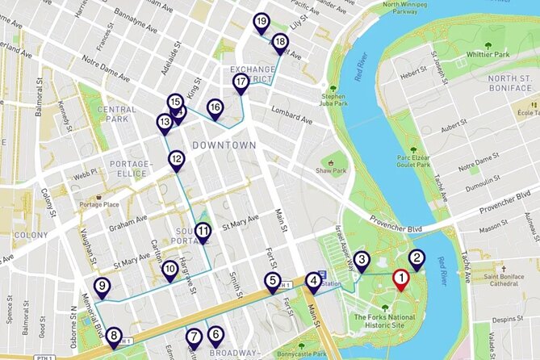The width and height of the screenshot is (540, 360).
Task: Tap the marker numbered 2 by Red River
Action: point(417,259)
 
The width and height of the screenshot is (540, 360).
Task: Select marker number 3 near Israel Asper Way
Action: point(362,259)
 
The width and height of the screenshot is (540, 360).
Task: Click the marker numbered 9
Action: point(102,286)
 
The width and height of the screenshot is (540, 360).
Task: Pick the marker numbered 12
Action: point(177,159)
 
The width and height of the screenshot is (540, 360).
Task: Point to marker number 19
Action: point(261,21)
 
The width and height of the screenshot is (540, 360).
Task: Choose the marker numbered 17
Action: point(241,82)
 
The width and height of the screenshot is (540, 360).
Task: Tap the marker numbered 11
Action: point(203,231)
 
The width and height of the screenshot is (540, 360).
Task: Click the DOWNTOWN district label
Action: point(224,144)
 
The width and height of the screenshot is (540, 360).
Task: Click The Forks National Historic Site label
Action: point(385,321)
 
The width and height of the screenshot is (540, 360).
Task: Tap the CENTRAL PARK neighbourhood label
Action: point(116,114)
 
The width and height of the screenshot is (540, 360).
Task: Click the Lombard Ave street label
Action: point(291,110)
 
